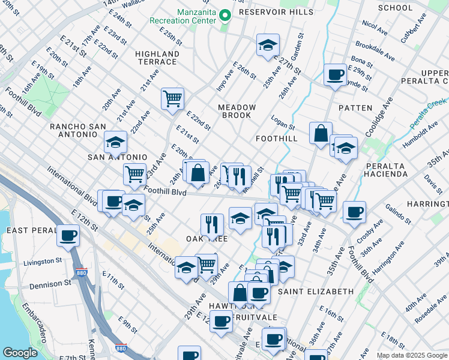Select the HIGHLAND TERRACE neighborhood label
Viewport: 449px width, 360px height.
click(157, 58)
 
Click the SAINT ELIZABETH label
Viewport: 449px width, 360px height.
click(315, 292)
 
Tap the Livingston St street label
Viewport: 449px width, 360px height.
click(43, 262)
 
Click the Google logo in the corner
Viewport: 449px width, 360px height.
click(20, 353)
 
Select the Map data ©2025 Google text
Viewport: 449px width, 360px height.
click(412, 355)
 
